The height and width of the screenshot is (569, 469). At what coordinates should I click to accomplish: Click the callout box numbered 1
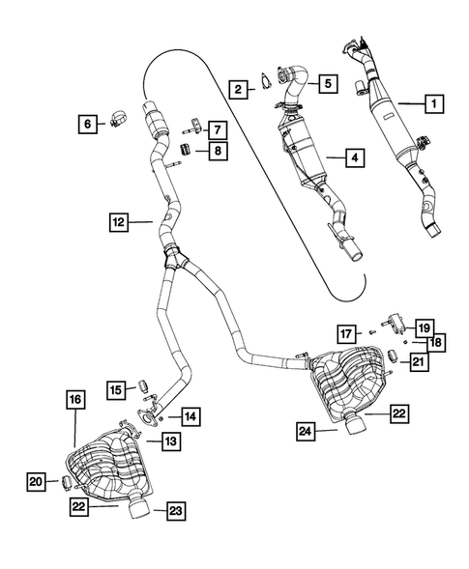pos(434,103)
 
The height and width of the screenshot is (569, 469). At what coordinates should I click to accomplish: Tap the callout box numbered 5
pos(329,84)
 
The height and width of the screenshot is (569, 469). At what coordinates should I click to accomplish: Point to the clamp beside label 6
pos(117,118)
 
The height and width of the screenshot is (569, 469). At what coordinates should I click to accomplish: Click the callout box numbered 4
pos(355,157)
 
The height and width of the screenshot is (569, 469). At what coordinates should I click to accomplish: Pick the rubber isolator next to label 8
pos(186,149)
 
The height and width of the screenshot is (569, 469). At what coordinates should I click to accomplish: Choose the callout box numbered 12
pos(119,222)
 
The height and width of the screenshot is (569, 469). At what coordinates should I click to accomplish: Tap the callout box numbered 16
pos(75,400)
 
